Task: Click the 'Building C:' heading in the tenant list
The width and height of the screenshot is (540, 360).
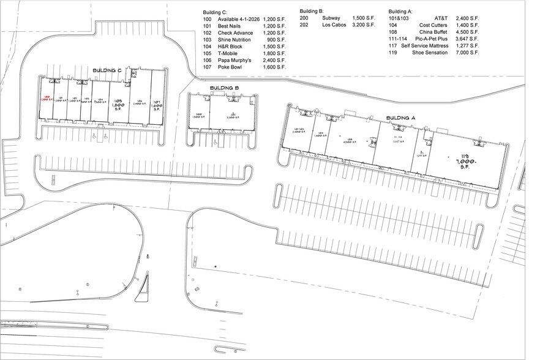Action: point(216,12)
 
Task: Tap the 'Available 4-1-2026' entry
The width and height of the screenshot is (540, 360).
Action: point(237,20)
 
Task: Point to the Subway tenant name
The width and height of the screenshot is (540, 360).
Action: point(331,19)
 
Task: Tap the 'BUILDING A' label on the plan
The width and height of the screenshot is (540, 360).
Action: point(401,118)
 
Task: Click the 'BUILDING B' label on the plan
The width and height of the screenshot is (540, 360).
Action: point(224,88)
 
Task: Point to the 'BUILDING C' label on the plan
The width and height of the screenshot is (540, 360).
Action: point(108,71)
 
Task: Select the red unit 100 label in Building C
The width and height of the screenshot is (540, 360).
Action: point(47,98)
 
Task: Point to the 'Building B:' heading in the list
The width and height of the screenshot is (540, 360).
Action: point(312,12)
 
